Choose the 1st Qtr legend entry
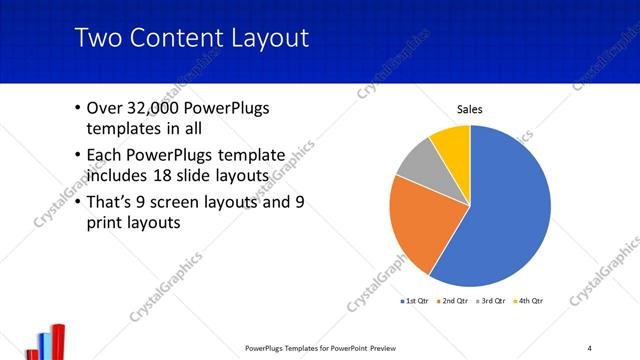point(416,300)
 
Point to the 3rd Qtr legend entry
point(491,300)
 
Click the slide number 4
point(590,347)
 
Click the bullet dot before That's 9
point(79,202)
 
